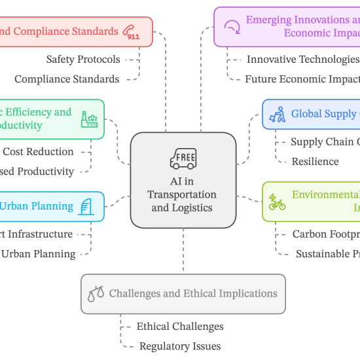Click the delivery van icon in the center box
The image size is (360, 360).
point(183,158)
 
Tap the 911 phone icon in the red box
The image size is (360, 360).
point(131,32)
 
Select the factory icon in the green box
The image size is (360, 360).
point(88,119)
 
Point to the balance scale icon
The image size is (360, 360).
point(96,295)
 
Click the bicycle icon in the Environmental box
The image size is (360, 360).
point(278,202)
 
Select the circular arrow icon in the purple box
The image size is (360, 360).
point(231,27)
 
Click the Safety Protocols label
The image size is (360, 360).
point(83,60)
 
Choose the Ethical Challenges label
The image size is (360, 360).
point(179,327)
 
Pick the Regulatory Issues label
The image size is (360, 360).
point(179,346)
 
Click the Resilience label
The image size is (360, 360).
point(315,161)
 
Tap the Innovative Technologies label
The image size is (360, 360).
point(302,60)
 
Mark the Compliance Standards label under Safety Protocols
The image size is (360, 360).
point(67,79)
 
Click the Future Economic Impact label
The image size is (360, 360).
point(302,79)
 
